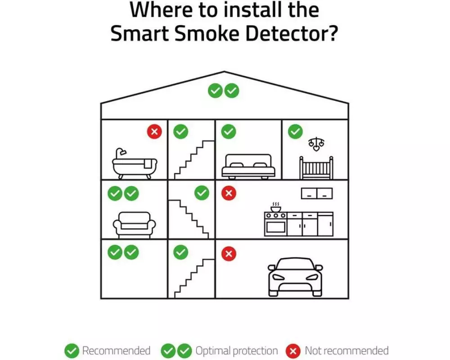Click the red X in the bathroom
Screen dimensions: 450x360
click(x=154, y=131)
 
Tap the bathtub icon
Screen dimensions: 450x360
click(x=135, y=163)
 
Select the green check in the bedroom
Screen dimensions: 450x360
click(x=229, y=131)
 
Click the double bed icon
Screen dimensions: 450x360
click(x=248, y=166)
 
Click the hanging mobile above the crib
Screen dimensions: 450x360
click(x=316, y=144)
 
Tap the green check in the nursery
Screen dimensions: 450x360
click(x=295, y=131)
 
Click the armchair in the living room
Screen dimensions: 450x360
click(x=134, y=225)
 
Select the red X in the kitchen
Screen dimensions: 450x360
click(x=229, y=193)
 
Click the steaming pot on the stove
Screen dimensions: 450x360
click(x=275, y=207)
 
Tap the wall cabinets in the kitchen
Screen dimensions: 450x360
click(x=317, y=193)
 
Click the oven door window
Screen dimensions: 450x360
click(x=275, y=227)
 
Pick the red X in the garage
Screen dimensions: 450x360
click(x=229, y=254)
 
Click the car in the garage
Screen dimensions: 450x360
click(x=295, y=277)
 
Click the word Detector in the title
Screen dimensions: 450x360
click(x=292, y=34)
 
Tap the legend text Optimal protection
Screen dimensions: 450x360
click(x=237, y=351)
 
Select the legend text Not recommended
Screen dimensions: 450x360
click(x=346, y=351)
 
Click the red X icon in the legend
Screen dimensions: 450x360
click(x=293, y=351)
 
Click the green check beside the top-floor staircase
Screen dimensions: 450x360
click(x=181, y=131)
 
